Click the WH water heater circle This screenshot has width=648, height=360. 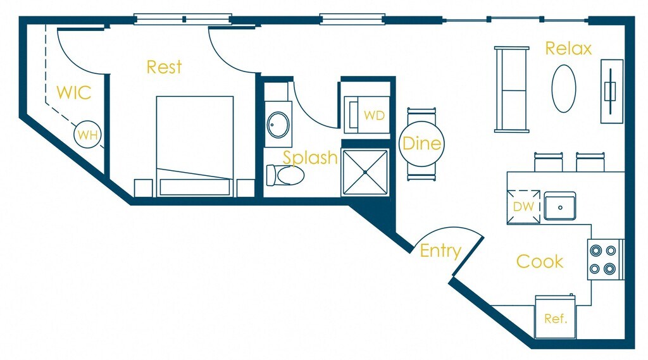pos(87,134)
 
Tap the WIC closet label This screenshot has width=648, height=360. pos(73,92)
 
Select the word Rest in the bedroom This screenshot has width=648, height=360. pos(164,67)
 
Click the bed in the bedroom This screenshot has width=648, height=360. pos(195,146)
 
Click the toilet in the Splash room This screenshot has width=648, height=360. pos(285,175)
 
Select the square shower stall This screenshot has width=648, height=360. pos(365,172)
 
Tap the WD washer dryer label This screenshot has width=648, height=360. pos(375,115)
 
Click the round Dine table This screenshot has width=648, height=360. pos(421,144)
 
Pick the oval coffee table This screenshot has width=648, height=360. pos(564,89)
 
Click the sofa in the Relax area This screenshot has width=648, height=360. pos(511,90)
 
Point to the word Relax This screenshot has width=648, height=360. pos(568,48)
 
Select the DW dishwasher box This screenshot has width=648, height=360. pos(523,206)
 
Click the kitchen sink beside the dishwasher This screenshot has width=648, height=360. pos(559,206)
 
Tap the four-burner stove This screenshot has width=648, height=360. pos(605,259)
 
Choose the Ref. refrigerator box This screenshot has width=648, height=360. pos(555,316)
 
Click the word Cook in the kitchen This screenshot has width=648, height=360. pos(540,262)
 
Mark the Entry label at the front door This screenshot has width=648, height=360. pos(440,251)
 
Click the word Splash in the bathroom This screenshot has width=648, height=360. pos(310,158)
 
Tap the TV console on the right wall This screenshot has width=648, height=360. pos(612,91)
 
